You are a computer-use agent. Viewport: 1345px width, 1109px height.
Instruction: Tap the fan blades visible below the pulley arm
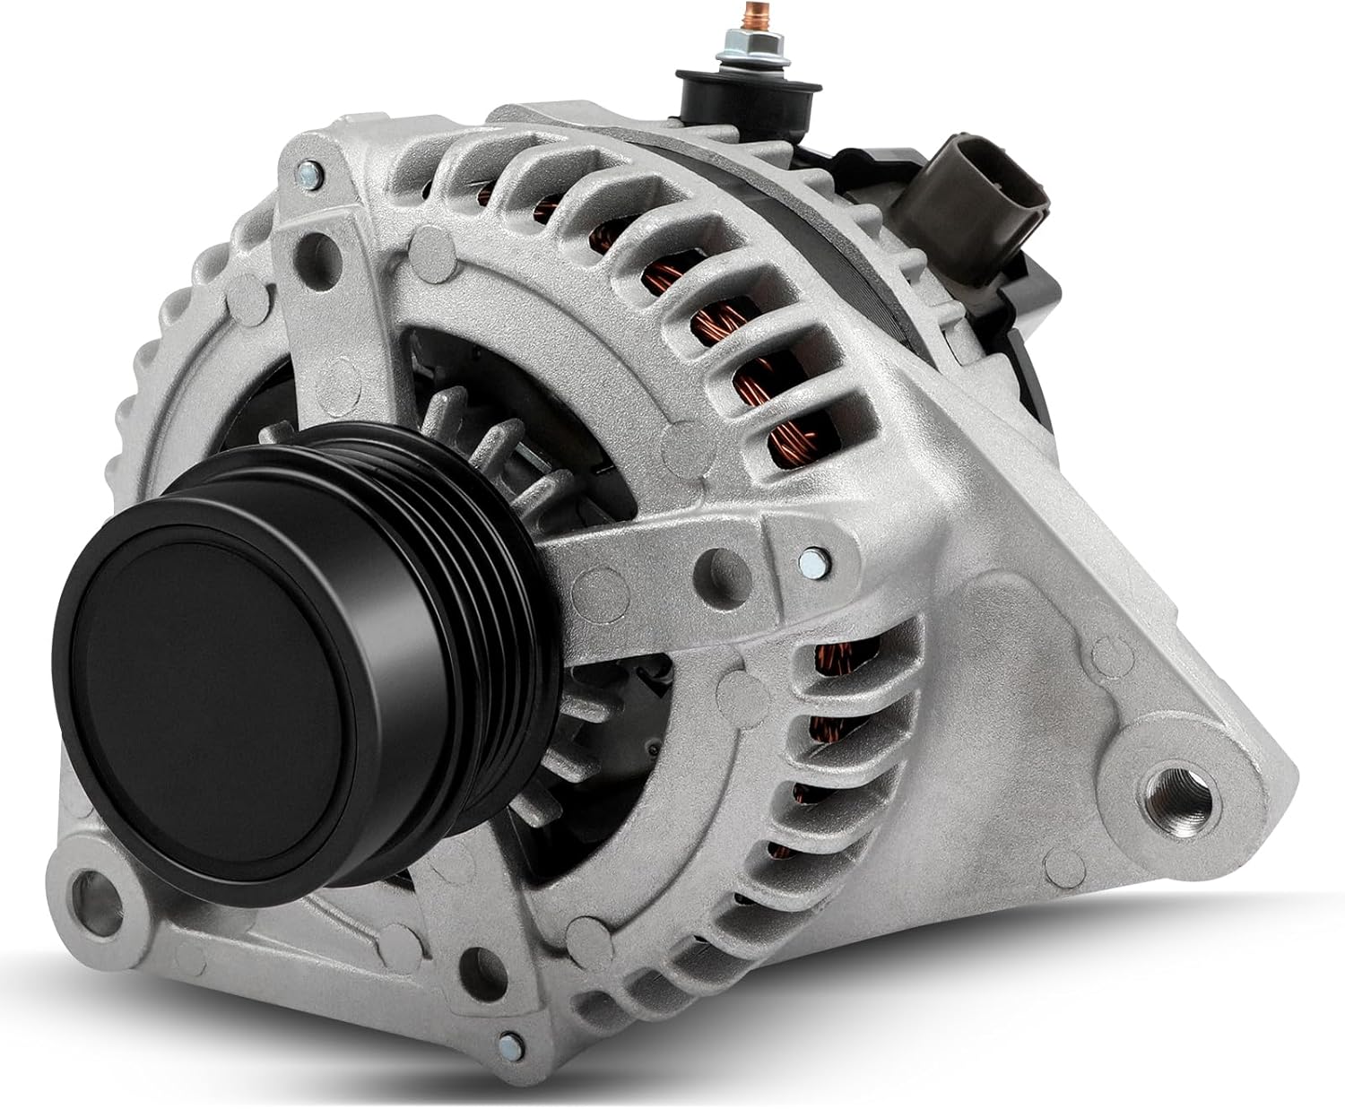click(574, 717)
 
